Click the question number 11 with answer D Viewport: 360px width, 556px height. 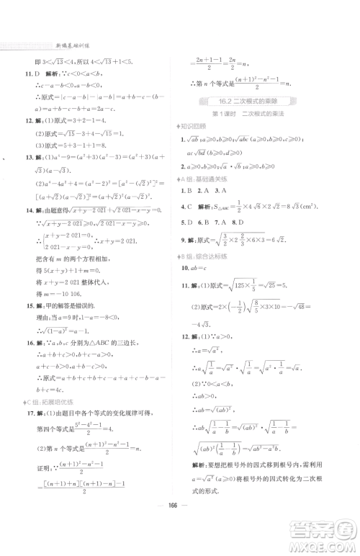click(x=30, y=73)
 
